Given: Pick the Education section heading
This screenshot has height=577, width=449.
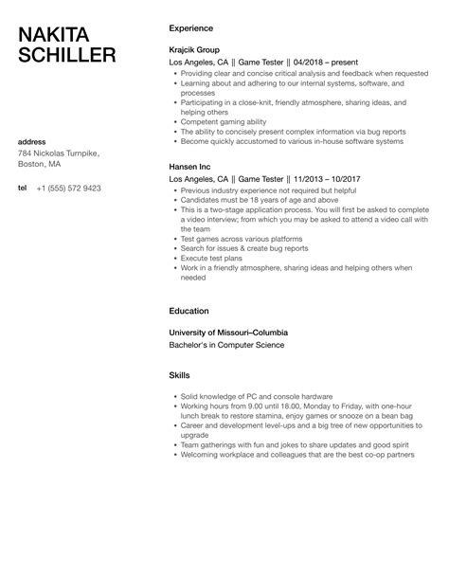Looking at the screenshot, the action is [x=189, y=310].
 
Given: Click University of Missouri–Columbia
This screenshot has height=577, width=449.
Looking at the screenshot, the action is [x=228, y=333].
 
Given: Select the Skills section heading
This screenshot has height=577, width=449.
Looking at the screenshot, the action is [x=179, y=375].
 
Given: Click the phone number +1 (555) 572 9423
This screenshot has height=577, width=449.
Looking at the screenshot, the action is [x=68, y=188].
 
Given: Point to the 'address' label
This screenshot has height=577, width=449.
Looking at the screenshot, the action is [x=32, y=142].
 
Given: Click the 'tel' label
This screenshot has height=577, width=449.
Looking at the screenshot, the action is [x=22, y=188].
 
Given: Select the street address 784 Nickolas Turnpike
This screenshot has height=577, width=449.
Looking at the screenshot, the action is [x=58, y=153].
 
